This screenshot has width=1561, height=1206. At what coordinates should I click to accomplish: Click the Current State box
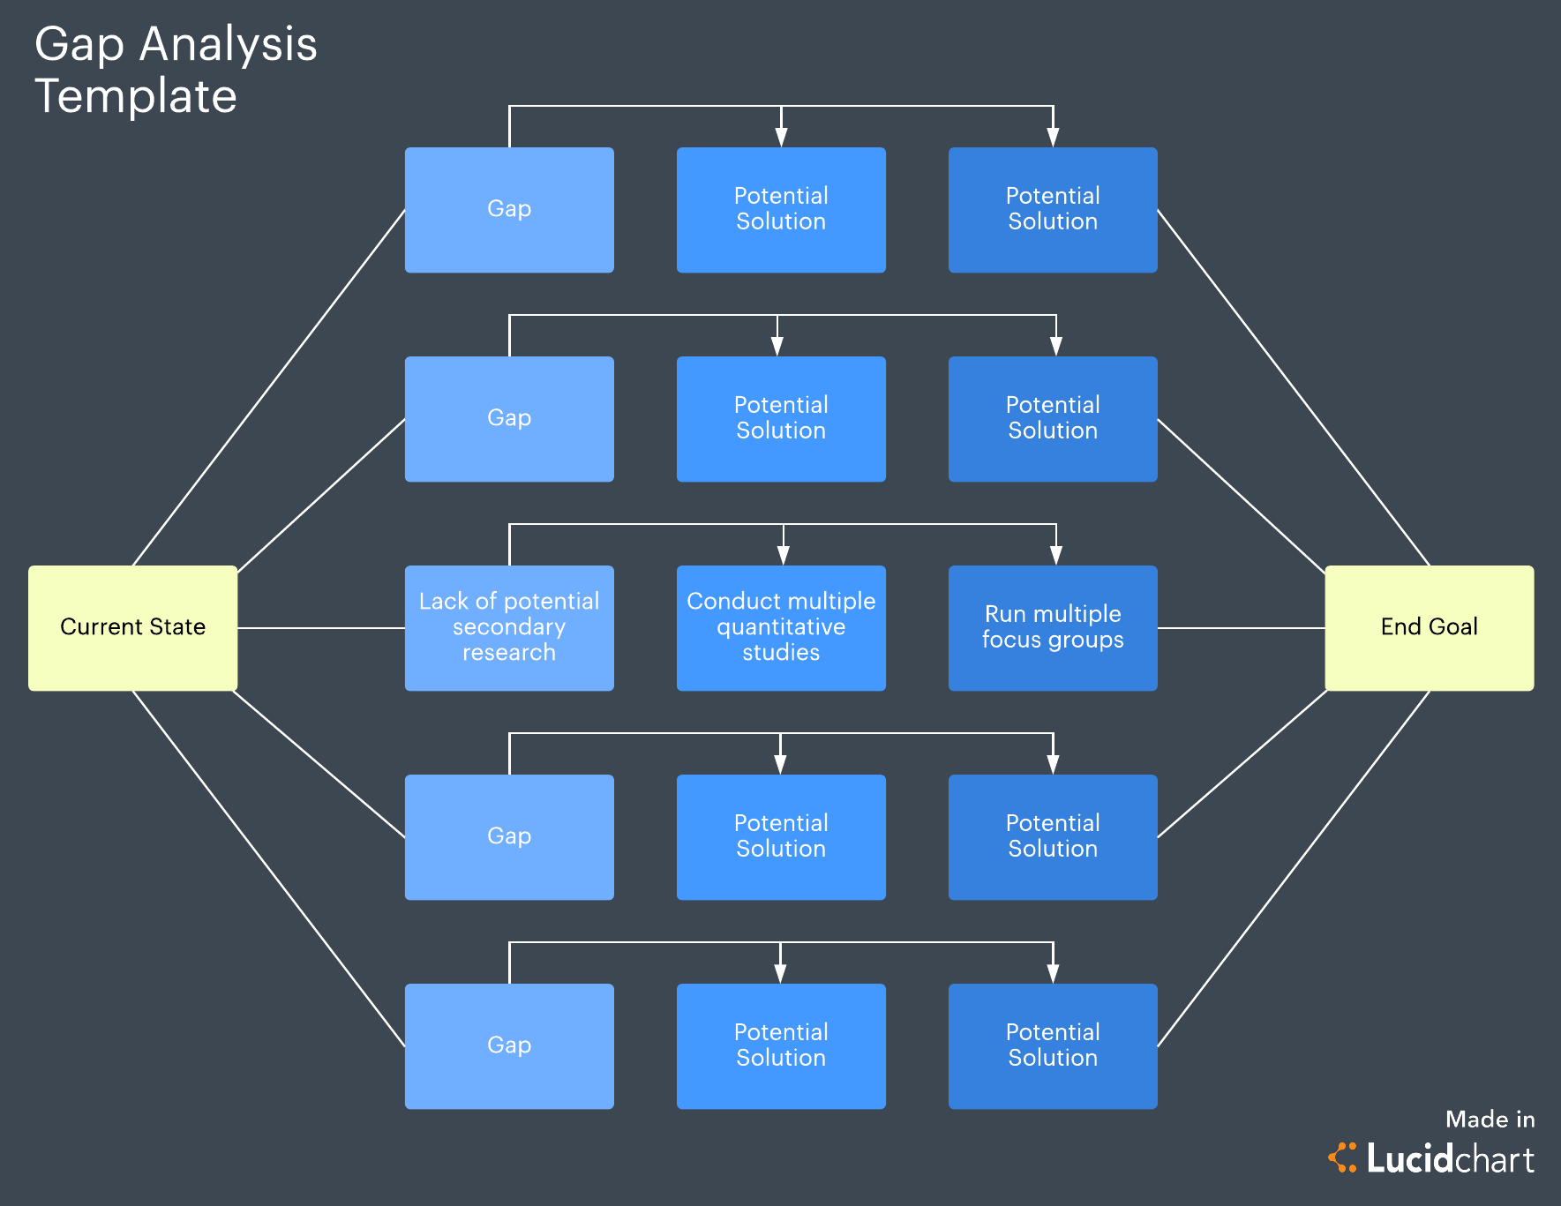(x=132, y=627)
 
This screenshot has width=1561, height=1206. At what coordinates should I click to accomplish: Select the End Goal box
(x=1429, y=627)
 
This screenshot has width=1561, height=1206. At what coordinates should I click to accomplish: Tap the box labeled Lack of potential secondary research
(x=509, y=627)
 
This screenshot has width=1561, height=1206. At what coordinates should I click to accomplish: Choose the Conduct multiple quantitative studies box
(x=781, y=627)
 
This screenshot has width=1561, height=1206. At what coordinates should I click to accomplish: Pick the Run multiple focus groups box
(x=1053, y=627)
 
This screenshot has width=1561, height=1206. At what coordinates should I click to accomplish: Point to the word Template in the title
(x=136, y=96)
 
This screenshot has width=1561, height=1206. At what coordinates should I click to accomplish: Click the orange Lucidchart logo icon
(x=1342, y=1157)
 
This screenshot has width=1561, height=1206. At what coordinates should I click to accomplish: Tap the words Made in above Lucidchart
(x=1490, y=1120)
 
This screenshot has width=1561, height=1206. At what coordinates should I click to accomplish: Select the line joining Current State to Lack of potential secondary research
(x=321, y=628)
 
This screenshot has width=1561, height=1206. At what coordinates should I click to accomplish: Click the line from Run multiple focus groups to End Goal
(x=1241, y=628)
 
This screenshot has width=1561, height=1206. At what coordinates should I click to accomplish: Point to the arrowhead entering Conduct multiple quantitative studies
(x=784, y=556)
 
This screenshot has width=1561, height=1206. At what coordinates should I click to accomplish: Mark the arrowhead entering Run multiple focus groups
(x=1056, y=556)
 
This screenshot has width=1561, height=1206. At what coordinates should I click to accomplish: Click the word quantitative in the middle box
(x=781, y=627)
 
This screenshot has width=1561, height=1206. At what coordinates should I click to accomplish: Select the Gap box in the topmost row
(x=509, y=210)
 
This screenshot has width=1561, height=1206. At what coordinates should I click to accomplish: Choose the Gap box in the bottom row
(x=509, y=1046)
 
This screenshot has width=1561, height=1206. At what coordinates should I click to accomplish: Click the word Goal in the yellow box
(x=1453, y=627)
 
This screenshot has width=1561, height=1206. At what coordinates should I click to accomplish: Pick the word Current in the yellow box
(x=88, y=627)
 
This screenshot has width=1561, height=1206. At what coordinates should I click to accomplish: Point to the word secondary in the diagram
(x=509, y=627)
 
